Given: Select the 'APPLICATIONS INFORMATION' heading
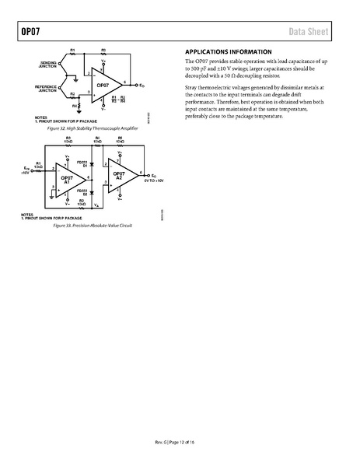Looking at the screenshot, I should coord(229,51).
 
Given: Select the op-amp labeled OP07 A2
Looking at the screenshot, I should coord(121,176).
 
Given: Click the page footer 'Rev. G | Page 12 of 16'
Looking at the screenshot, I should coord(180,443).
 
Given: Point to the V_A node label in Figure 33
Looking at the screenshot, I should coord(96,205).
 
